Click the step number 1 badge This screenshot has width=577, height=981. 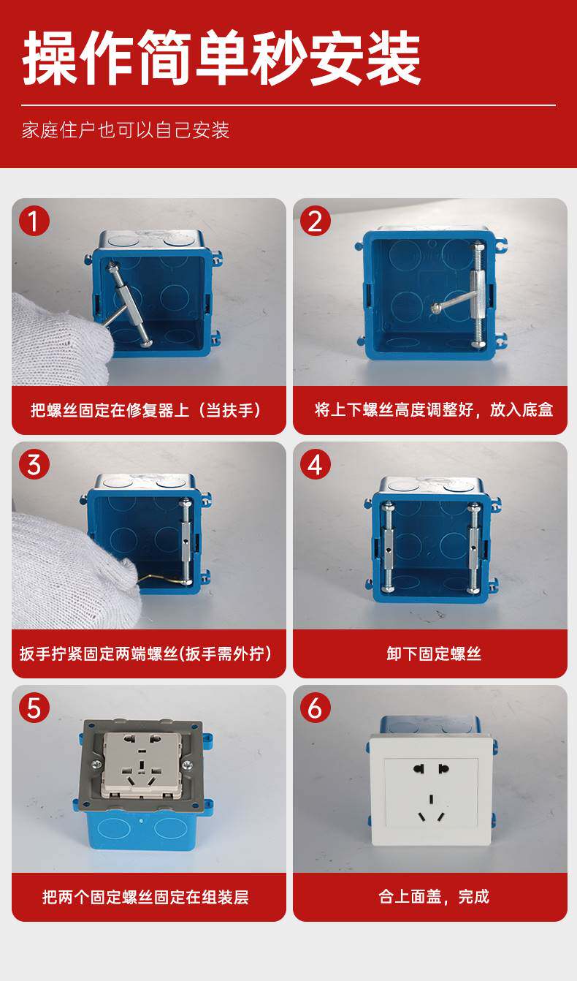coord(34,221)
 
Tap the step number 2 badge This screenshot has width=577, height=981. coord(315,221)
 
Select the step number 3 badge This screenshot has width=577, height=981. coord(34,465)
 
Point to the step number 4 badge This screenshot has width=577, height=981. coord(315,465)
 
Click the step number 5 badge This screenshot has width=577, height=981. coord(34,708)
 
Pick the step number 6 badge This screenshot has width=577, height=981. coord(315,708)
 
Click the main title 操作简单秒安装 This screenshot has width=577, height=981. coord(221,57)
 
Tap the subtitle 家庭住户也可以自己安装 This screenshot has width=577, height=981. coord(126,130)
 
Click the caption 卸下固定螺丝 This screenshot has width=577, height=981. coord(434,654)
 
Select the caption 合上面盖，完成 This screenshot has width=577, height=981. coord(434,896)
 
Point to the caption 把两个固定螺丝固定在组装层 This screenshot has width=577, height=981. coord(145,897)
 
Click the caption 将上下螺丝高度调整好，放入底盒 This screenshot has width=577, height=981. coord(434,410)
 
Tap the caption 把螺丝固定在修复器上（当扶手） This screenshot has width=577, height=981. coord(146,410)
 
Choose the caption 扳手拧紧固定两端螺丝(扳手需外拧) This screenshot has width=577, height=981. coord(146,654)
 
